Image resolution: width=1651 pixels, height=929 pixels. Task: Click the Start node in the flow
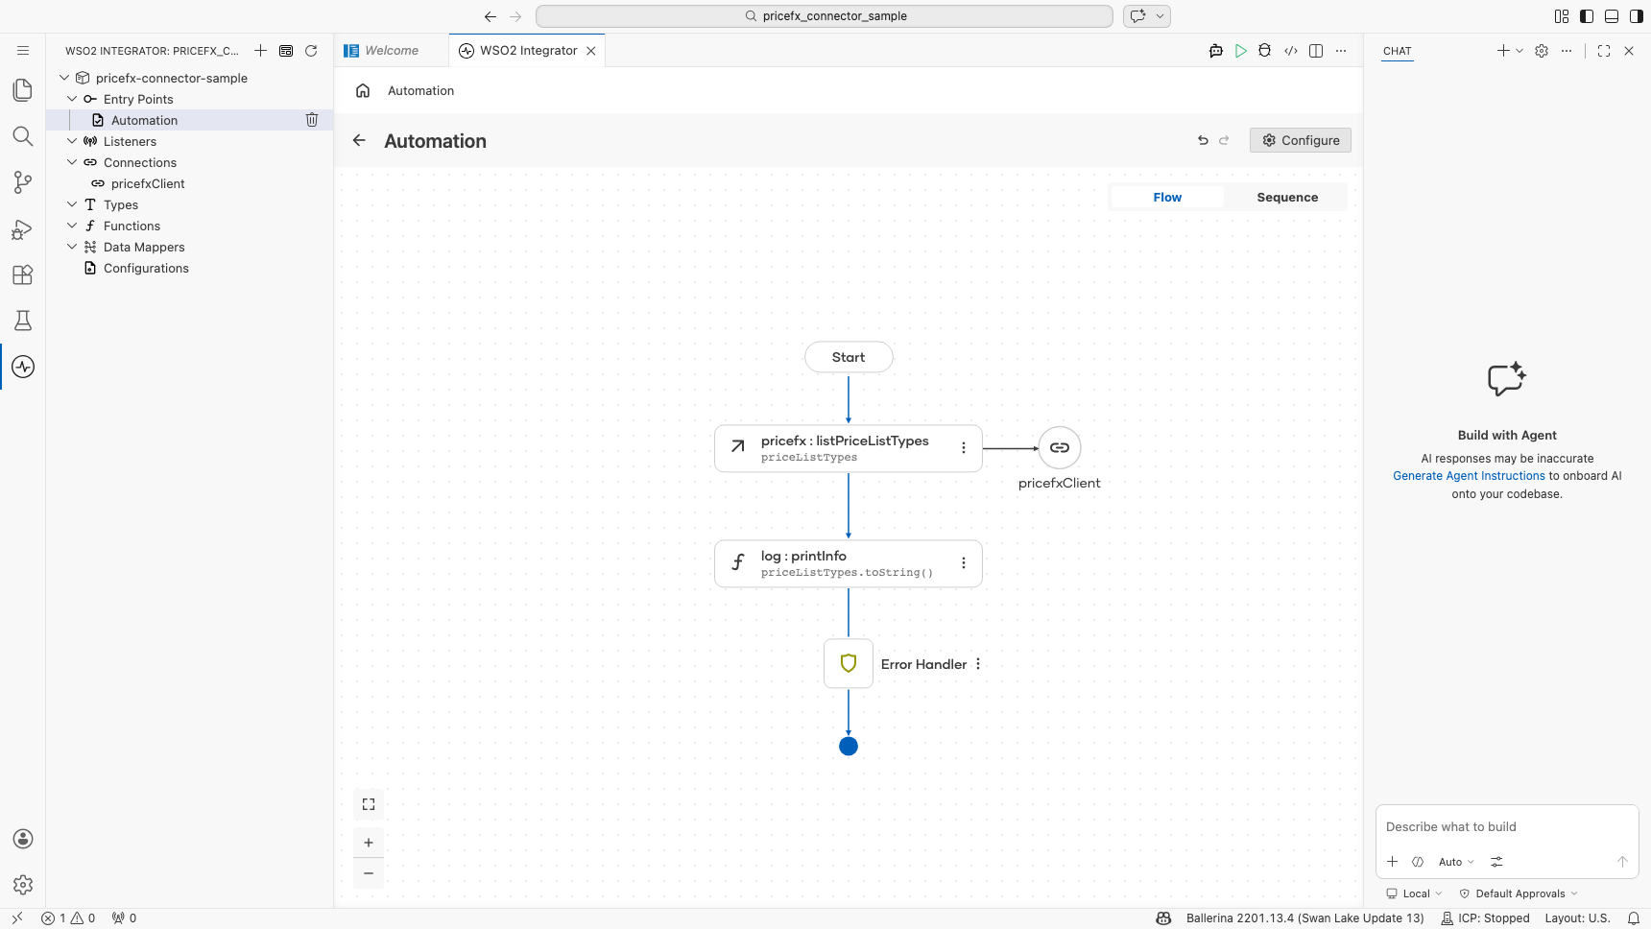coord(849,357)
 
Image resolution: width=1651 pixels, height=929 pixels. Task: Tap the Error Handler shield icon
coord(849,663)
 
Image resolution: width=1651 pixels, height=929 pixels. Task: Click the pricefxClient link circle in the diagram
coord(1060,448)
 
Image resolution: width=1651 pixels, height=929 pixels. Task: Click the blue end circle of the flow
coord(849,746)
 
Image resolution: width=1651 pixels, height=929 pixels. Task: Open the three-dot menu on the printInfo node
coord(964,563)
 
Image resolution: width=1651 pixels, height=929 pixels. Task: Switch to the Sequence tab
coord(1287,198)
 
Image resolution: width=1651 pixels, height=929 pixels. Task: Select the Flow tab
coord(1167,198)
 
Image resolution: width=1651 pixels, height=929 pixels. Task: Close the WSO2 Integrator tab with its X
coord(591,51)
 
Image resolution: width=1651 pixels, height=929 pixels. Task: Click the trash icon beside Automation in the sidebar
coord(312,120)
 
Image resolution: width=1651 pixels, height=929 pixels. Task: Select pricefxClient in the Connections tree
coord(148,183)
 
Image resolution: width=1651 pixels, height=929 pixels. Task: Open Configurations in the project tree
coord(146,268)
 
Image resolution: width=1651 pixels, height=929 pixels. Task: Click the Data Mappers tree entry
coord(144,247)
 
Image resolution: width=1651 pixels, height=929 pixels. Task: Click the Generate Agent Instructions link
coord(1469,476)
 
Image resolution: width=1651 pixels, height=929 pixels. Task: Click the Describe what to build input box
coord(1506,827)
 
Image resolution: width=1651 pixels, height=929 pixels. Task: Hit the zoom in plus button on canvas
coord(369,843)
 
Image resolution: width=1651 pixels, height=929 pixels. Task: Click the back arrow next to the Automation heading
coord(359,140)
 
